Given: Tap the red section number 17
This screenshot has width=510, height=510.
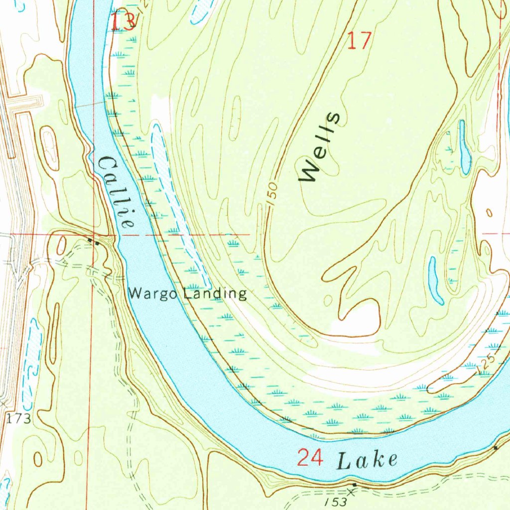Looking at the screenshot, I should click(x=359, y=41).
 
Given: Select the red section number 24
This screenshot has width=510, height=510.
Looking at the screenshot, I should click(x=310, y=457).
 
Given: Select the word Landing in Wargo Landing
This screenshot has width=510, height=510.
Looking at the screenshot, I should click(x=214, y=293).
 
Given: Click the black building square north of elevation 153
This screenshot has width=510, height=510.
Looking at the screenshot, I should click(x=354, y=484).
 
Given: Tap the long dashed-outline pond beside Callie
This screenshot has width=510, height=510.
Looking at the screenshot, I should click(x=177, y=199).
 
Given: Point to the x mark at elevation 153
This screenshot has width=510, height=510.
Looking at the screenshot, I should click(x=352, y=492).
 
